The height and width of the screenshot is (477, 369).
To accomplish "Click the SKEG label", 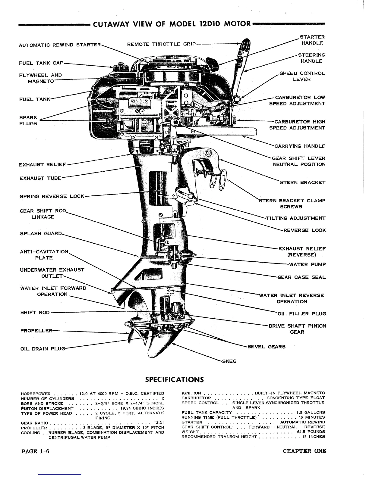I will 229,361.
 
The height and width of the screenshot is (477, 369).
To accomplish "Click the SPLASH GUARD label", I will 41,233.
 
